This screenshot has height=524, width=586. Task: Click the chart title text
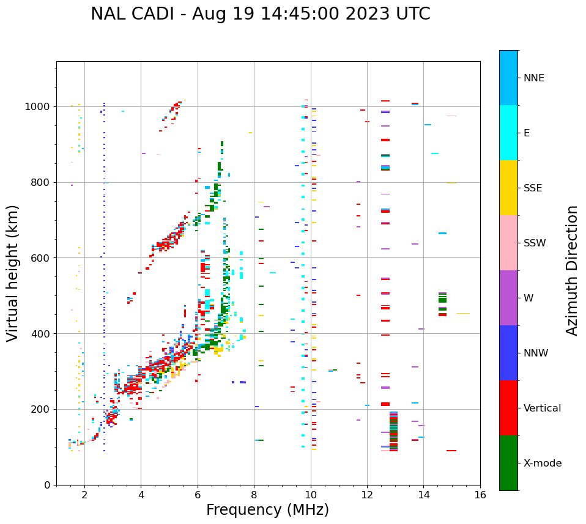pos(260,14)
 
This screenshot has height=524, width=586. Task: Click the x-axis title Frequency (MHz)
pos(267,510)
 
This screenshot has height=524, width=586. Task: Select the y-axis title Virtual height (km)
pos(13,273)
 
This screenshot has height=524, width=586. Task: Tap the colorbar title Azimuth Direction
pos(572,270)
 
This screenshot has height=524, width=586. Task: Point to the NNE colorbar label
pos(533,78)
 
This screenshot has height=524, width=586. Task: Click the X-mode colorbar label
pos(542,463)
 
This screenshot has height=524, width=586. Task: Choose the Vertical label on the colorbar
pos(542,408)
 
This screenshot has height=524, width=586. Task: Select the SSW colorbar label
pos(534,243)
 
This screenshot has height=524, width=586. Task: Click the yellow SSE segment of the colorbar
pos(508,188)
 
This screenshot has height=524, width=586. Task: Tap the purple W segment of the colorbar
pos(508,298)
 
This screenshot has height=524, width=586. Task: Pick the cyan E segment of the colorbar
pos(508,133)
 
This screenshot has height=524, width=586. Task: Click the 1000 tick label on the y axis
pos(39,107)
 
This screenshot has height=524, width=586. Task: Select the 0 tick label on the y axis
pos(48,485)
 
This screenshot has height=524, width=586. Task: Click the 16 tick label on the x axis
pos(480,495)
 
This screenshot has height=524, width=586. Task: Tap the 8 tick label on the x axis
pos(254,495)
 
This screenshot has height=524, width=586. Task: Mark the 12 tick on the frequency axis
pos(367,495)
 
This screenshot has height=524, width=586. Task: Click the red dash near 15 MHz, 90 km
pos(451,451)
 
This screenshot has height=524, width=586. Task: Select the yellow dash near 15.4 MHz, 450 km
pos(462,314)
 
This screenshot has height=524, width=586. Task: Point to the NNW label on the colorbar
pos(535,353)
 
